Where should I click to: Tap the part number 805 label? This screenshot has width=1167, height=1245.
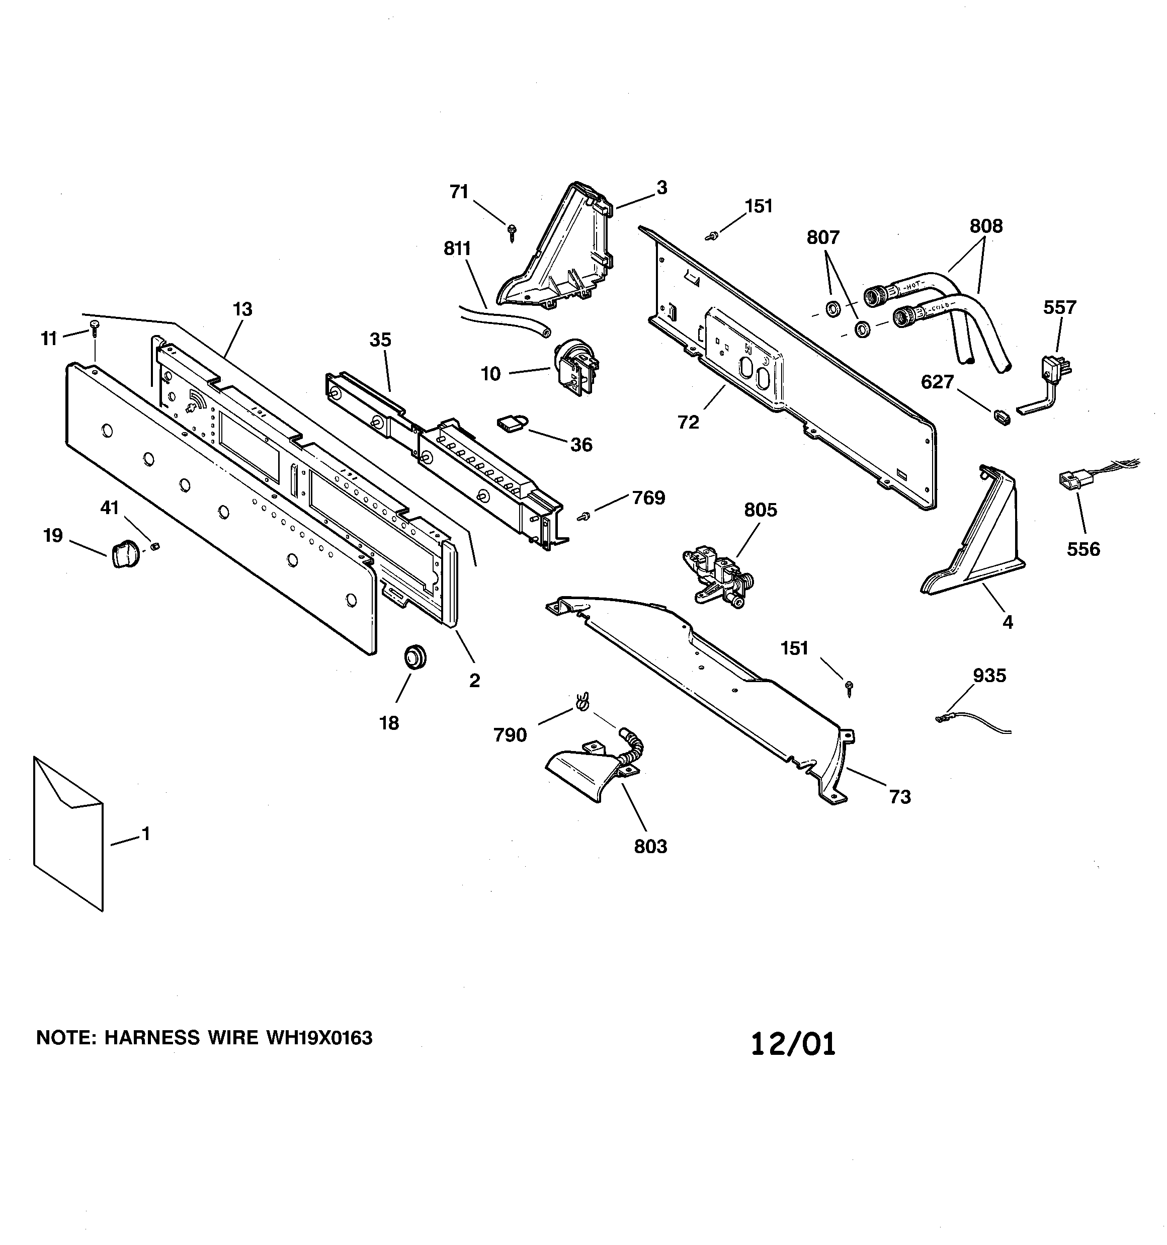pyautogui.click(x=760, y=510)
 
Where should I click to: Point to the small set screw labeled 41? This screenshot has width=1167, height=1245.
pyautogui.click(x=155, y=547)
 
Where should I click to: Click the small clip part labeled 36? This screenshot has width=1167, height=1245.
pyautogui.click(x=511, y=425)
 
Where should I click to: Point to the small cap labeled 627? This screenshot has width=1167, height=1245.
pyautogui.click(x=1000, y=417)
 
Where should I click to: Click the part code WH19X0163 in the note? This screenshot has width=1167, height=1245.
pyautogui.click(x=319, y=1038)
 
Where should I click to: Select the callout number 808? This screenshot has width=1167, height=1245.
pyautogui.click(x=985, y=226)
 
